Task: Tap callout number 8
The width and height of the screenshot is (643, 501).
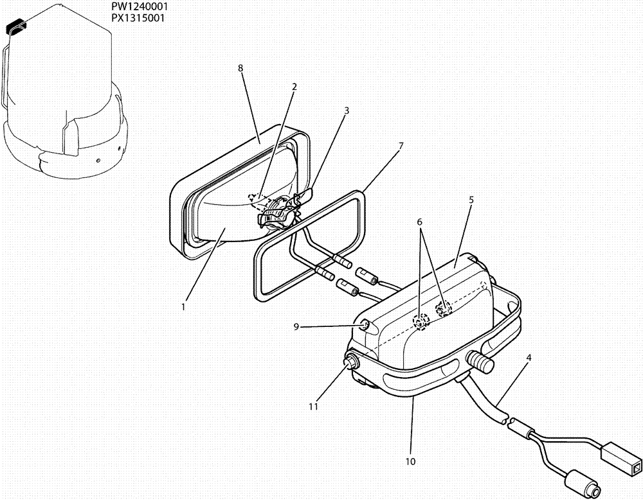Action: point(240,67)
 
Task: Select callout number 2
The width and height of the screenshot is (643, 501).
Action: point(294,86)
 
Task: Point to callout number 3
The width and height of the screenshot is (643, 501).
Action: point(347,110)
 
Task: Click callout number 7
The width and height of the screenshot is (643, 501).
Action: point(401,146)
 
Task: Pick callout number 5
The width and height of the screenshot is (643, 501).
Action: point(471,200)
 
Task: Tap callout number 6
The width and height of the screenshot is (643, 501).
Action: point(419,222)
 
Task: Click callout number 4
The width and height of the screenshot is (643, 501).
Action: point(528,356)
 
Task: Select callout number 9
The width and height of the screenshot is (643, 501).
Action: point(296,326)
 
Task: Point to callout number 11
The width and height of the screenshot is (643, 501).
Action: point(313,406)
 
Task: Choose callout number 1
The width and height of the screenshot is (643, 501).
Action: point(183,306)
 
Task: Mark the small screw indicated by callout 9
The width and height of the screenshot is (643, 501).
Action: point(365,325)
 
